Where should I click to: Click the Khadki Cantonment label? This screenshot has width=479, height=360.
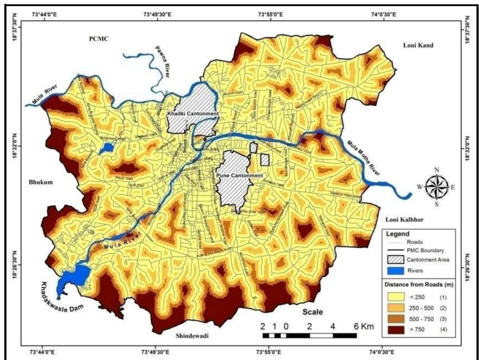coord(193,114)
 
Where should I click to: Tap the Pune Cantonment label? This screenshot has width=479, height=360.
coord(240,176)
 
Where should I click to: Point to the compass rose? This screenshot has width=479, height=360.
coord(437,187)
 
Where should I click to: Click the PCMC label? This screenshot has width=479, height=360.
coord(98,39)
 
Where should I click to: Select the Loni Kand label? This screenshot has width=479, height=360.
coord(418,45)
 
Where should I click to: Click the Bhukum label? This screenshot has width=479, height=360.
coord(41,182)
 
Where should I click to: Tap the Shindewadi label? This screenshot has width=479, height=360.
coord(192,336)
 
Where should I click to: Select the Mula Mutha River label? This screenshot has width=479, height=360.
coord(363,158)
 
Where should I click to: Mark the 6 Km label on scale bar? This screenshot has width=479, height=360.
coord(363,327)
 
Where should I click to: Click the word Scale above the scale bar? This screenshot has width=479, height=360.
coord(312,312)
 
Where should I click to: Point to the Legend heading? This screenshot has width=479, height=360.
coord(397,234)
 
